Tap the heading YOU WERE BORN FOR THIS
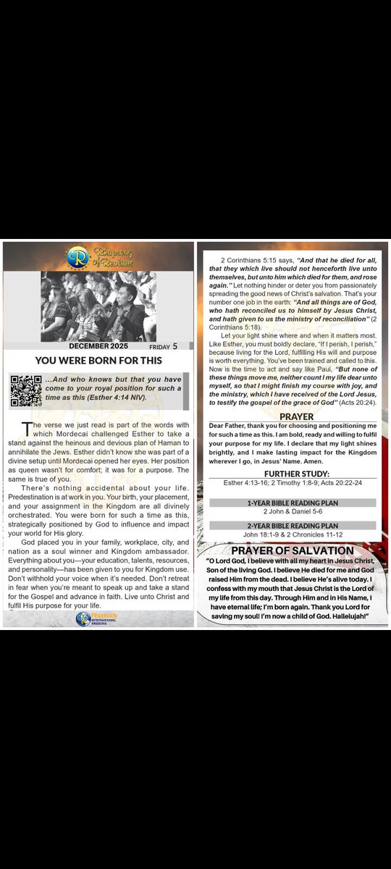pos(98,361)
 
